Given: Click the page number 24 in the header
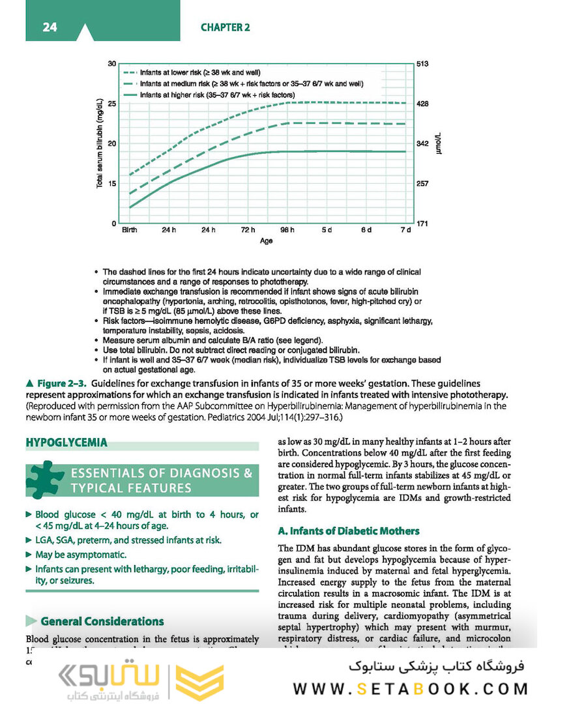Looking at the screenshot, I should pos(50,27).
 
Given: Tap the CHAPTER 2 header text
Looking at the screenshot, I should pos(225,27).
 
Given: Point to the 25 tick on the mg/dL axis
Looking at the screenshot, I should pos(112,104).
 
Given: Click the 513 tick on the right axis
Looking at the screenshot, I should pos(423,64).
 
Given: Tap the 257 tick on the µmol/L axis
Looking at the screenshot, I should pos(423,184).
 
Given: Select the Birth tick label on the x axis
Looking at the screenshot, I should pos(129,230).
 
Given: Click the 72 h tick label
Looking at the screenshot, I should pos(248,230).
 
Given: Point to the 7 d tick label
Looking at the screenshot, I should pos(405,230).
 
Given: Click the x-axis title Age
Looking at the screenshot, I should pos(266,241).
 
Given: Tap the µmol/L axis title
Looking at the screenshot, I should pos(439,143).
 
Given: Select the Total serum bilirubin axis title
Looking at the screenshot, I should pos(100,143).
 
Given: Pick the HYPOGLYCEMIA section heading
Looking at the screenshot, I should pos(66,443).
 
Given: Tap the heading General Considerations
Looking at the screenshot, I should pos(102,621).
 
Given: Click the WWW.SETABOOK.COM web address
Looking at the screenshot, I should pos(411,688).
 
